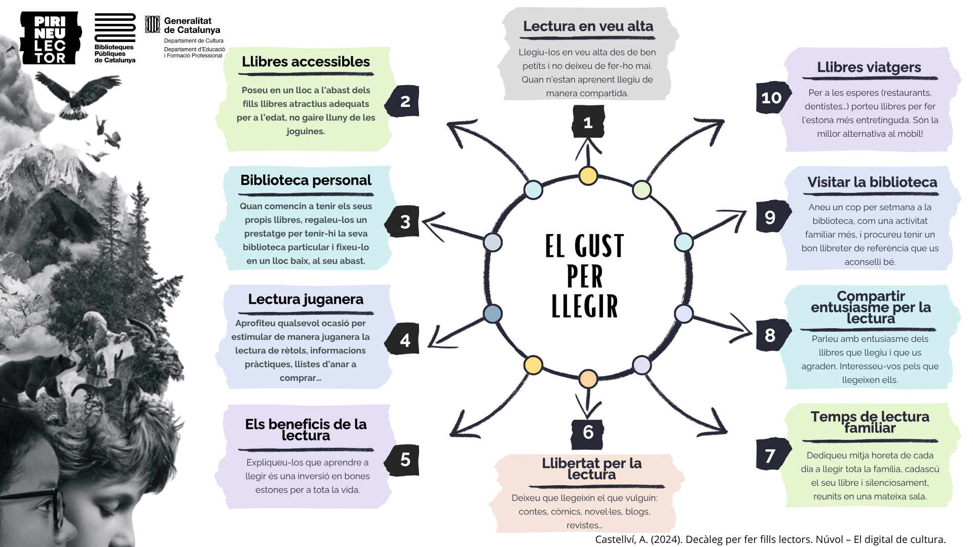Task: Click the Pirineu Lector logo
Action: (x=50, y=39)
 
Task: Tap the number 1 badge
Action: (x=588, y=122)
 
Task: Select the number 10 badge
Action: (x=772, y=98)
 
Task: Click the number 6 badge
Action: (x=588, y=433)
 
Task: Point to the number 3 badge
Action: (x=404, y=221)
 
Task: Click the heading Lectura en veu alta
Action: (x=588, y=26)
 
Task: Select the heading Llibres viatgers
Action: (x=869, y=67)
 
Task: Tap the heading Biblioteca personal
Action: (x=306, y=180)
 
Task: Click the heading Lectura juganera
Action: (x=306, y=299)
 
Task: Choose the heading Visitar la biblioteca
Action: (x=872, y=182)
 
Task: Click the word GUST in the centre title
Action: (x=599, y=246)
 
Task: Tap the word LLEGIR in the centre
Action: (x=585, y=306)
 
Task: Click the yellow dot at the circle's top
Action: (x=588, y=176)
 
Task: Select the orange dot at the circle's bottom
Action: (x=588, y=378)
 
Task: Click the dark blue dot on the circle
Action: (x=493, y=314)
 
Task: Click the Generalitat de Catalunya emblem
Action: (x=153, y=24)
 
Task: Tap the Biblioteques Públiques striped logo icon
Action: (x=115, y=28)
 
